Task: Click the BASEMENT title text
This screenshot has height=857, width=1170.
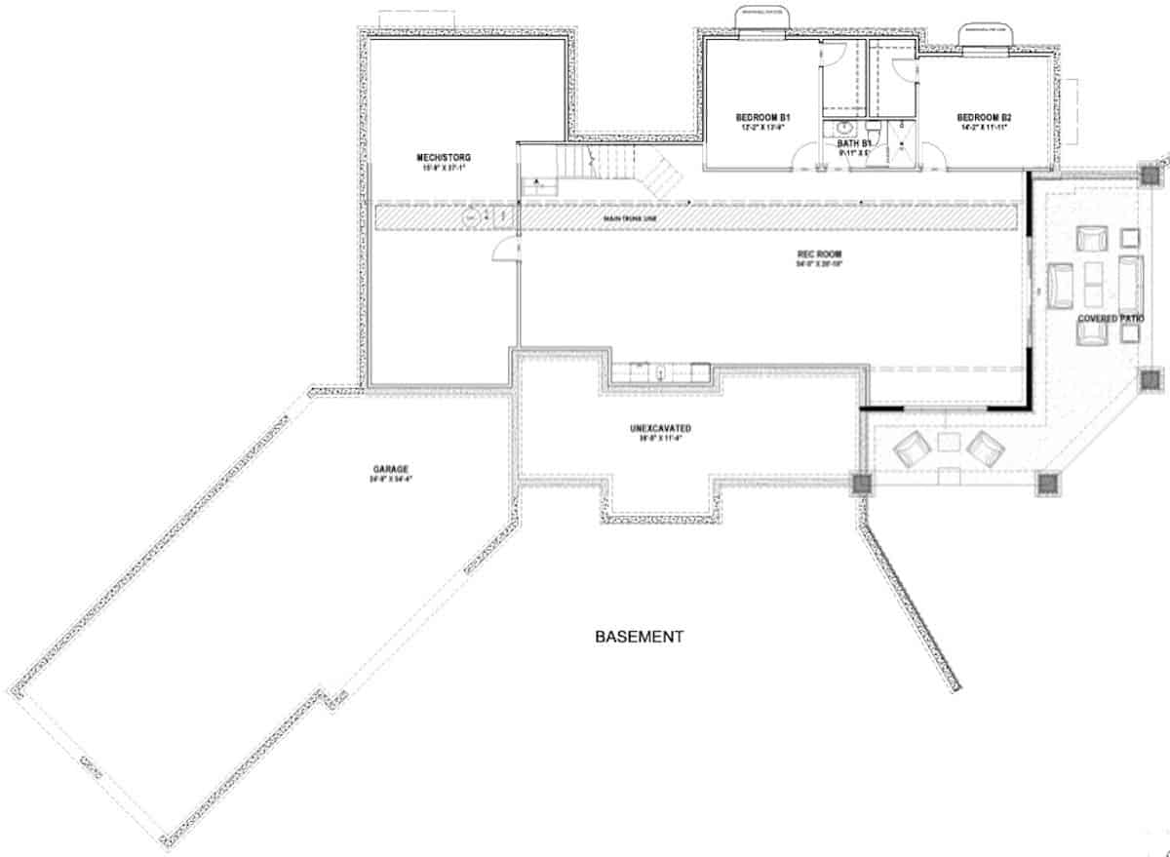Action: (x=639, y=638)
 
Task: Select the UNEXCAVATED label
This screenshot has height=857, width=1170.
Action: (x=660, y=429)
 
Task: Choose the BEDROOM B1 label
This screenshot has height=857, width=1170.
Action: (x=761, y=118)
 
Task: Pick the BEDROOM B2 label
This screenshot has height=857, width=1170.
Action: (x=984, y=118)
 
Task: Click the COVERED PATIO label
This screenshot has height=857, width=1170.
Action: (x=1111, y=320)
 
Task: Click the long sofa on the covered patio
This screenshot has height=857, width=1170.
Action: (x=1131, y=281)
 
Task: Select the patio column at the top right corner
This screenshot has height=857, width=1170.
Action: (x=1150, y=176)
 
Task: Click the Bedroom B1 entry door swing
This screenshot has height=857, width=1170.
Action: (x=808, y=158)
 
